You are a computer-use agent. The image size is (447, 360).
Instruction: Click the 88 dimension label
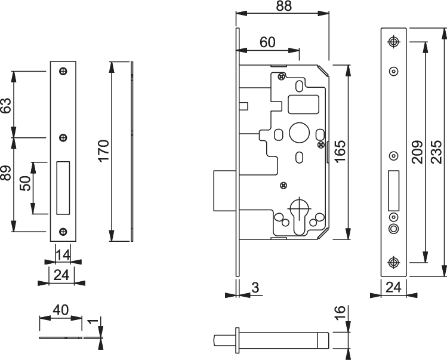284,6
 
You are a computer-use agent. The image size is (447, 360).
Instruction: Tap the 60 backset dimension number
267,42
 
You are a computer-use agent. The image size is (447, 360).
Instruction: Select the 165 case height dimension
340,151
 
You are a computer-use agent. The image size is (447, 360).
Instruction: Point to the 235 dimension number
436,152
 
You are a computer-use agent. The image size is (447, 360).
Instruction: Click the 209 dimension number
418,152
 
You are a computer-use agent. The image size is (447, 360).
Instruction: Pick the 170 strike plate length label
104,150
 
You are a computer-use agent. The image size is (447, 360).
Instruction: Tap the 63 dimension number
6,105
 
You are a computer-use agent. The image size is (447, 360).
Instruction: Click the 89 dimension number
6,173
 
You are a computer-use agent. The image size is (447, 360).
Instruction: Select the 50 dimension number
24,183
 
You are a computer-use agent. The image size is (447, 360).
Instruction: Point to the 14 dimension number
63,255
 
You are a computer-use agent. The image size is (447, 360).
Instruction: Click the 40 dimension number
61,310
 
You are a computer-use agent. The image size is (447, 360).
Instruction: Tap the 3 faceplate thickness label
255,288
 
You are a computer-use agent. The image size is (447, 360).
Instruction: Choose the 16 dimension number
340,313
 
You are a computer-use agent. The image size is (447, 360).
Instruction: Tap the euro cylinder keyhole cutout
300,217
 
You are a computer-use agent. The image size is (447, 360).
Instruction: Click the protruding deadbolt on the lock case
224,191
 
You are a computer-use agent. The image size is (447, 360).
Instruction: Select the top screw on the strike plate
63,71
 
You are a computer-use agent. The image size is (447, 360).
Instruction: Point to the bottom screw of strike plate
63,232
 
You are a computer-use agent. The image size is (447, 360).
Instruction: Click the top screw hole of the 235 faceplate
394,42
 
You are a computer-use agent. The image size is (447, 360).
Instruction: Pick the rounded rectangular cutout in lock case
303,104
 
